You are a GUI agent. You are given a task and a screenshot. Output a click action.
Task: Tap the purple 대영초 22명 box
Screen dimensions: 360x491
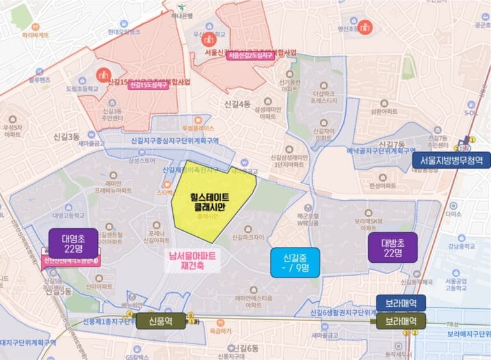[x=74, y=244]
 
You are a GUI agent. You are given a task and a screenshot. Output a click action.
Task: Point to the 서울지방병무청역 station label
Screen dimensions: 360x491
[x=451, y=160]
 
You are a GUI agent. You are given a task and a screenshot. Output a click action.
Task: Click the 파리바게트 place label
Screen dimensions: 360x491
[x=35, y=35]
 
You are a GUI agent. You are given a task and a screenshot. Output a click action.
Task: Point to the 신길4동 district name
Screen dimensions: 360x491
[x=237, y=104]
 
